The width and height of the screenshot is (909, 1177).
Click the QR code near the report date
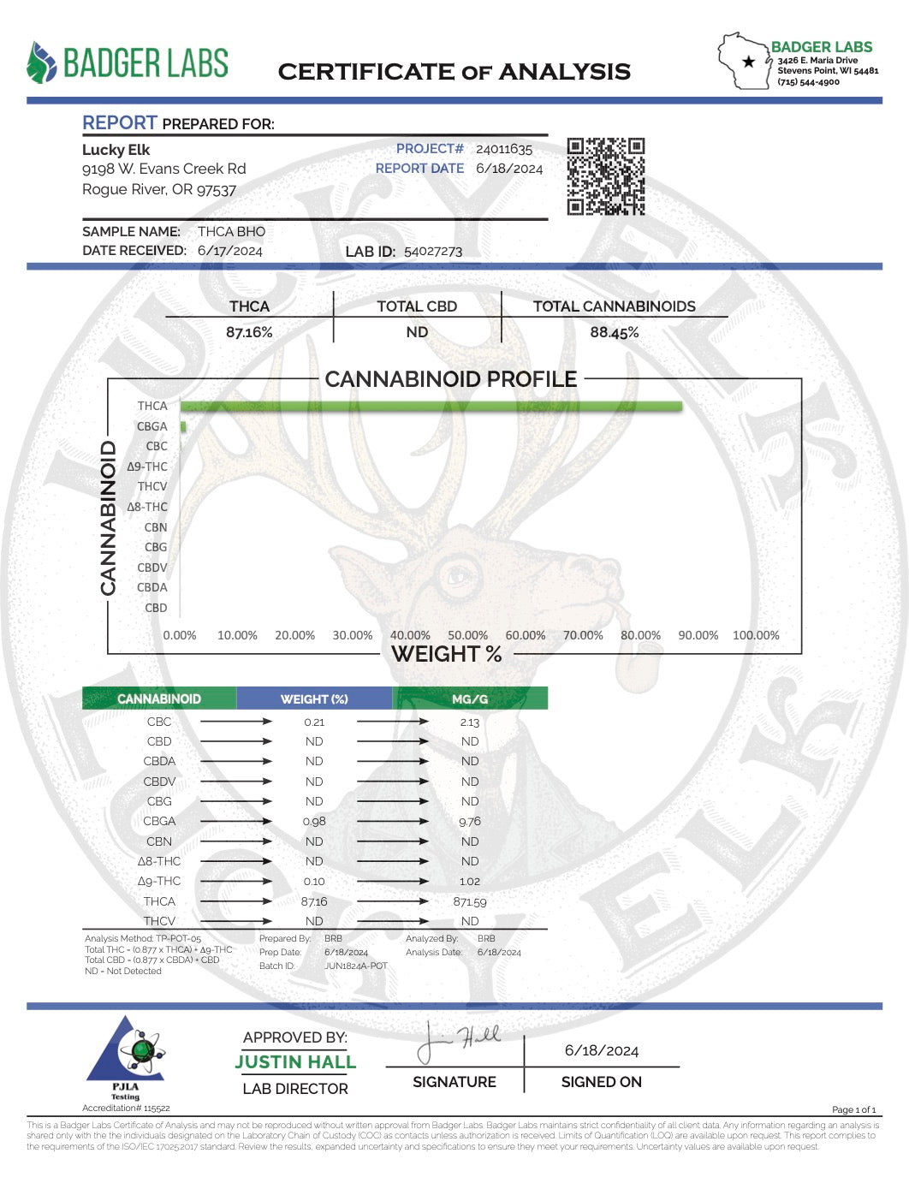pos(605,176)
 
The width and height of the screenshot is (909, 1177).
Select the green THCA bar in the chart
pos(431,406)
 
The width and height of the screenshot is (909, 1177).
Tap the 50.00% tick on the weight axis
pos(467,635)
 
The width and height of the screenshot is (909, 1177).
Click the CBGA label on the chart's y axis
pos(152,426)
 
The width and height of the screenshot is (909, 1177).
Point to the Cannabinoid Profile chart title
pos(451,379)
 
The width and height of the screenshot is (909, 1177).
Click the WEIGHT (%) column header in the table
pos(314,698)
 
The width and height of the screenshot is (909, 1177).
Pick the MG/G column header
pos(470,698)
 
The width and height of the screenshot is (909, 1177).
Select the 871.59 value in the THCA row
pos(470,901)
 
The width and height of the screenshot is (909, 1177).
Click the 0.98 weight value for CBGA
pos(314,821)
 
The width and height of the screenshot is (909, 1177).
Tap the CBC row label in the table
pos(159,722)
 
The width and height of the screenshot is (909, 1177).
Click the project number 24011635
pos(504,149)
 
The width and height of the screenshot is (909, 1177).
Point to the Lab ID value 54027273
pos(433,252)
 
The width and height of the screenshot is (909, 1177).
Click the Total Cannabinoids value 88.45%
pos(614,332)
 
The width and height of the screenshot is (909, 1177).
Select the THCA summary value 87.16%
pos(249,332)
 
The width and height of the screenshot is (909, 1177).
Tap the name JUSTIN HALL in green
pos(295,1062)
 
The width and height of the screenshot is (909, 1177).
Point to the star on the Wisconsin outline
pos(749,62)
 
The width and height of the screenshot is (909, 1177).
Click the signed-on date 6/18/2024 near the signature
pos(602,1050)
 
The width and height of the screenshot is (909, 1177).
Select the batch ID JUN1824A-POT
pos(356,966)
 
